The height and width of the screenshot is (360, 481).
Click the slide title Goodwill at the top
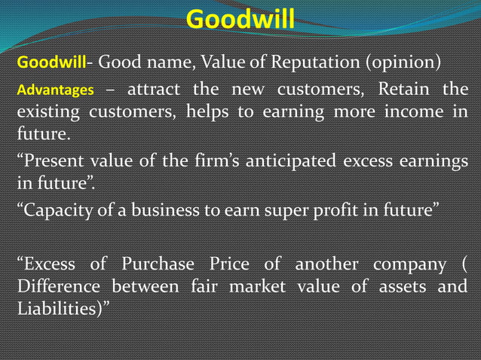click(x=240, y=17)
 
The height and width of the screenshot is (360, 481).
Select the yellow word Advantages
click(x=56, y=92)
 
